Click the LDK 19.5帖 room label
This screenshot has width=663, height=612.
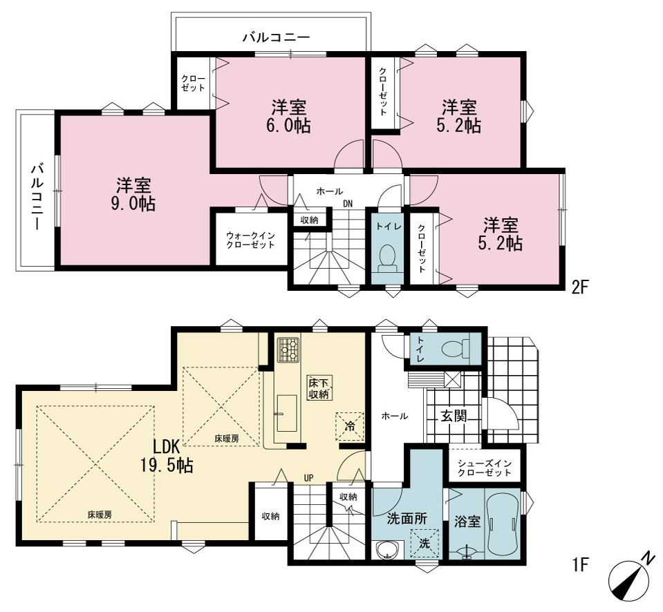point(167,455)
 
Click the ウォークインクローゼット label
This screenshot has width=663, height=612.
point(250,240)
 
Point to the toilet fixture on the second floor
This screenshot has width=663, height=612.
point(387,258)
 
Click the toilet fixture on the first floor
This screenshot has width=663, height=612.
point(456,348)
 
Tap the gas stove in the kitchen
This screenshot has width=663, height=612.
point(288,350)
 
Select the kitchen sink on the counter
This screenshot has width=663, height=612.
point(287,413)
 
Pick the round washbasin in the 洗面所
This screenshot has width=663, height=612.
point(385,551)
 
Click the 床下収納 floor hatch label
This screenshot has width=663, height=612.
point(319,388)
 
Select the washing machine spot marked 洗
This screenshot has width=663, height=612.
point(424,543)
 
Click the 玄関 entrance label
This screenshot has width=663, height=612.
point(454,416)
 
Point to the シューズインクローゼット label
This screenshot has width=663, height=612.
point(484,468)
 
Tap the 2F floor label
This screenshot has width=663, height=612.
point(580,287)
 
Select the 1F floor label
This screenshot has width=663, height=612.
point(581,564)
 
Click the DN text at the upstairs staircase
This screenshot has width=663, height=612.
point(348,204)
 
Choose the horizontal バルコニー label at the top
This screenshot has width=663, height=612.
point(276,37)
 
